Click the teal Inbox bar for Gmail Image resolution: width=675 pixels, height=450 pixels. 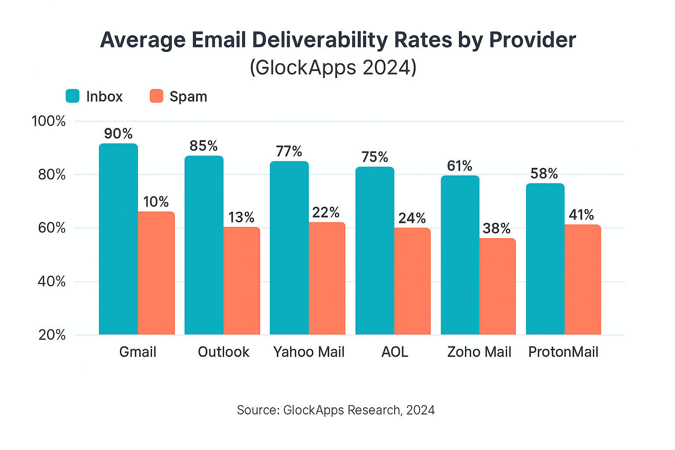118,240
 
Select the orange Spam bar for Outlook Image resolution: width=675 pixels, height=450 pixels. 241,281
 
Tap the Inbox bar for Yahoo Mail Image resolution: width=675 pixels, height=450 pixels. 289,248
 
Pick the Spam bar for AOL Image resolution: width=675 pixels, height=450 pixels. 412,281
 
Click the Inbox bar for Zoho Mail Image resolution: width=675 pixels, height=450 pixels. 460,255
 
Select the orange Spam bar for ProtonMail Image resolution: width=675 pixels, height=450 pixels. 582,279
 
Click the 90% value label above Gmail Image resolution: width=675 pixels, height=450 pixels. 118,134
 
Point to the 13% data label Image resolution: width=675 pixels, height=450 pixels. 241,218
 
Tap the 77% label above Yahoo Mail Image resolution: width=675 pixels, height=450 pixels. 289,152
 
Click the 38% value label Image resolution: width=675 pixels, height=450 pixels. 497,229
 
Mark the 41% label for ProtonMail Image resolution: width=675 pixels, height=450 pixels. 581,215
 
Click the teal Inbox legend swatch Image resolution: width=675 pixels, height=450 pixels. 73,96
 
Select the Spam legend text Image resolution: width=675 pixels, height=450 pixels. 188,97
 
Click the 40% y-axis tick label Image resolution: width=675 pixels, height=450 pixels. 51,282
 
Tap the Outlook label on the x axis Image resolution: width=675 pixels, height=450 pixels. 224,352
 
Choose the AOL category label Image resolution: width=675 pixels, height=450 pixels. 395,352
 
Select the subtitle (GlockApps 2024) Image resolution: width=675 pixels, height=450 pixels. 333,68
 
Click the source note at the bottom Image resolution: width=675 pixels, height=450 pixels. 336,410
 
